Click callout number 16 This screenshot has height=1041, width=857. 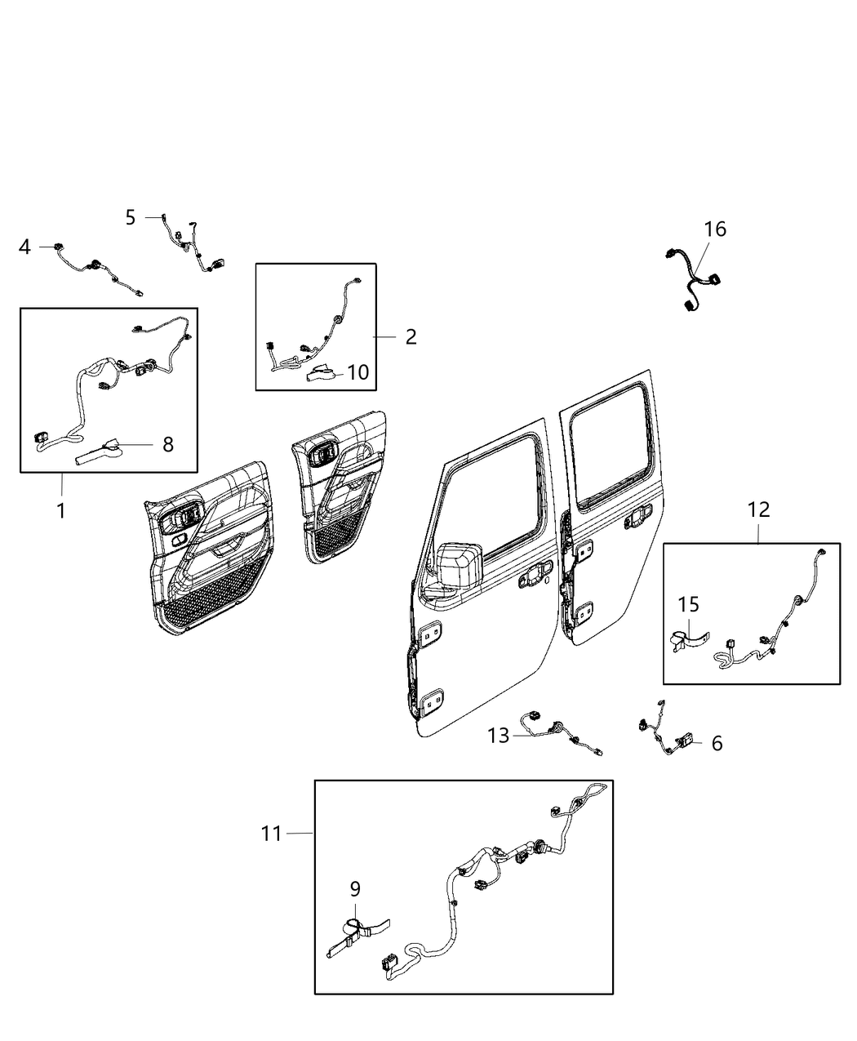[x=715, y=229]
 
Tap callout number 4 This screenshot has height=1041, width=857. [x=25, y=246]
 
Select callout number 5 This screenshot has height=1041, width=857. [x=131, y=217]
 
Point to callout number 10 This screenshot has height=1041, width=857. [x=357, y=372]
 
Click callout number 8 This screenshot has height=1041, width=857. [x=167, y=444]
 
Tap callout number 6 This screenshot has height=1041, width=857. [x=717, y=743]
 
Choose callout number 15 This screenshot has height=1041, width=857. [x=689, y=605]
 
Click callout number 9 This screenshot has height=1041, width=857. [x=355, y=888]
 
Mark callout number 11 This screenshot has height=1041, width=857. [x=272, y=834]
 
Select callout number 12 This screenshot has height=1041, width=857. [x=758, y=509]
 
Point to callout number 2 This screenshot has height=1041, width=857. [x=411, y=336]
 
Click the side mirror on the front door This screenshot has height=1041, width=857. [x=460, y=565]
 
